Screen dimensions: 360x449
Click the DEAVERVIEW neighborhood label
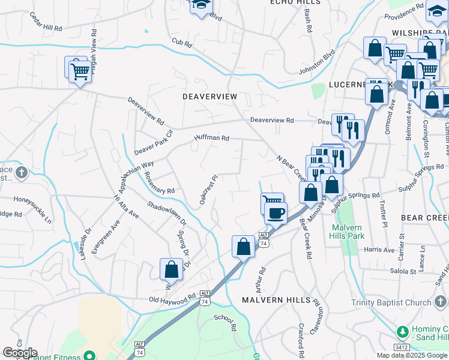pos(210,97)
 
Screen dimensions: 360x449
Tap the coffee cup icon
pos(276,213)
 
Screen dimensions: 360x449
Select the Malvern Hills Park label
pos(346,232)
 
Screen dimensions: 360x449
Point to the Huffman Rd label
pos(211,138)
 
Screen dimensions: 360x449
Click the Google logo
pos(20,352)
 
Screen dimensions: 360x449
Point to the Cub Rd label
pos(181,43)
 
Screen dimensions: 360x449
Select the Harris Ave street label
pos(379,249)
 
